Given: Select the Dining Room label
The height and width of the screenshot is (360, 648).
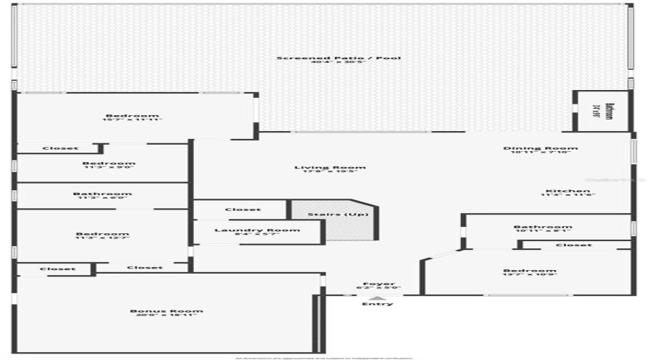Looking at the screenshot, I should click(540, 148).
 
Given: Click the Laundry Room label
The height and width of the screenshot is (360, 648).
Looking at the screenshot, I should click(247, 230).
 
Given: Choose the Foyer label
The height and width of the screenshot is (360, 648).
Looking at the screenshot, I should click(378, 284).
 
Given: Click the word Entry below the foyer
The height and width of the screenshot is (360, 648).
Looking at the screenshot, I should click(378, 303).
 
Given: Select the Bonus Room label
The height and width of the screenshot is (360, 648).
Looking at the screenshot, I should click(166, 311).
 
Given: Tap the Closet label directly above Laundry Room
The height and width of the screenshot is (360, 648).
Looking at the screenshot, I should click(243, 210).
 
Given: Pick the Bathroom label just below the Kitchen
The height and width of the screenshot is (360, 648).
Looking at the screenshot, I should click(542, 227).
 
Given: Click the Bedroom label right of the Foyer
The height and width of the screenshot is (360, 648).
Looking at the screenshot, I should click(529, 271).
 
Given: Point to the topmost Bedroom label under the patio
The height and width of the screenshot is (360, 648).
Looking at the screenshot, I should click(132, 116).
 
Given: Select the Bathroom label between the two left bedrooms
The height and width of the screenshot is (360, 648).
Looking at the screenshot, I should click(102, 193).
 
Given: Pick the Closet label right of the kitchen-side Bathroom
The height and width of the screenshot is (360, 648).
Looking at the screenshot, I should click(574, 245).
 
